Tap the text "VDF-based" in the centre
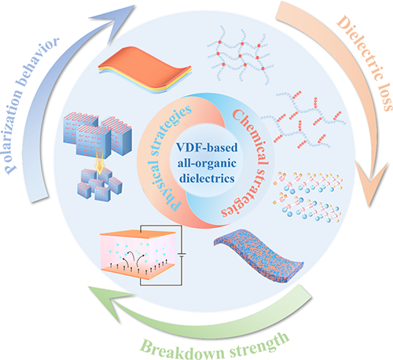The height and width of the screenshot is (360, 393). [x=207, y=147]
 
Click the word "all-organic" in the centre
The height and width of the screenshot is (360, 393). [x=207, y=163]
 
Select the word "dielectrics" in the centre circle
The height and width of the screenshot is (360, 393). [x=207, y=178]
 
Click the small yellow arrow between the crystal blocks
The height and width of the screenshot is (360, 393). [x=100, y=164]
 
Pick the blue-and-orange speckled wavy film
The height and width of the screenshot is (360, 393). [x=258, y=255]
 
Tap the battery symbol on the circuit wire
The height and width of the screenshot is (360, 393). [x=182, y=254]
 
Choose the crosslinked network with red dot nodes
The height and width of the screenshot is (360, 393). [x=240, y=56]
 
